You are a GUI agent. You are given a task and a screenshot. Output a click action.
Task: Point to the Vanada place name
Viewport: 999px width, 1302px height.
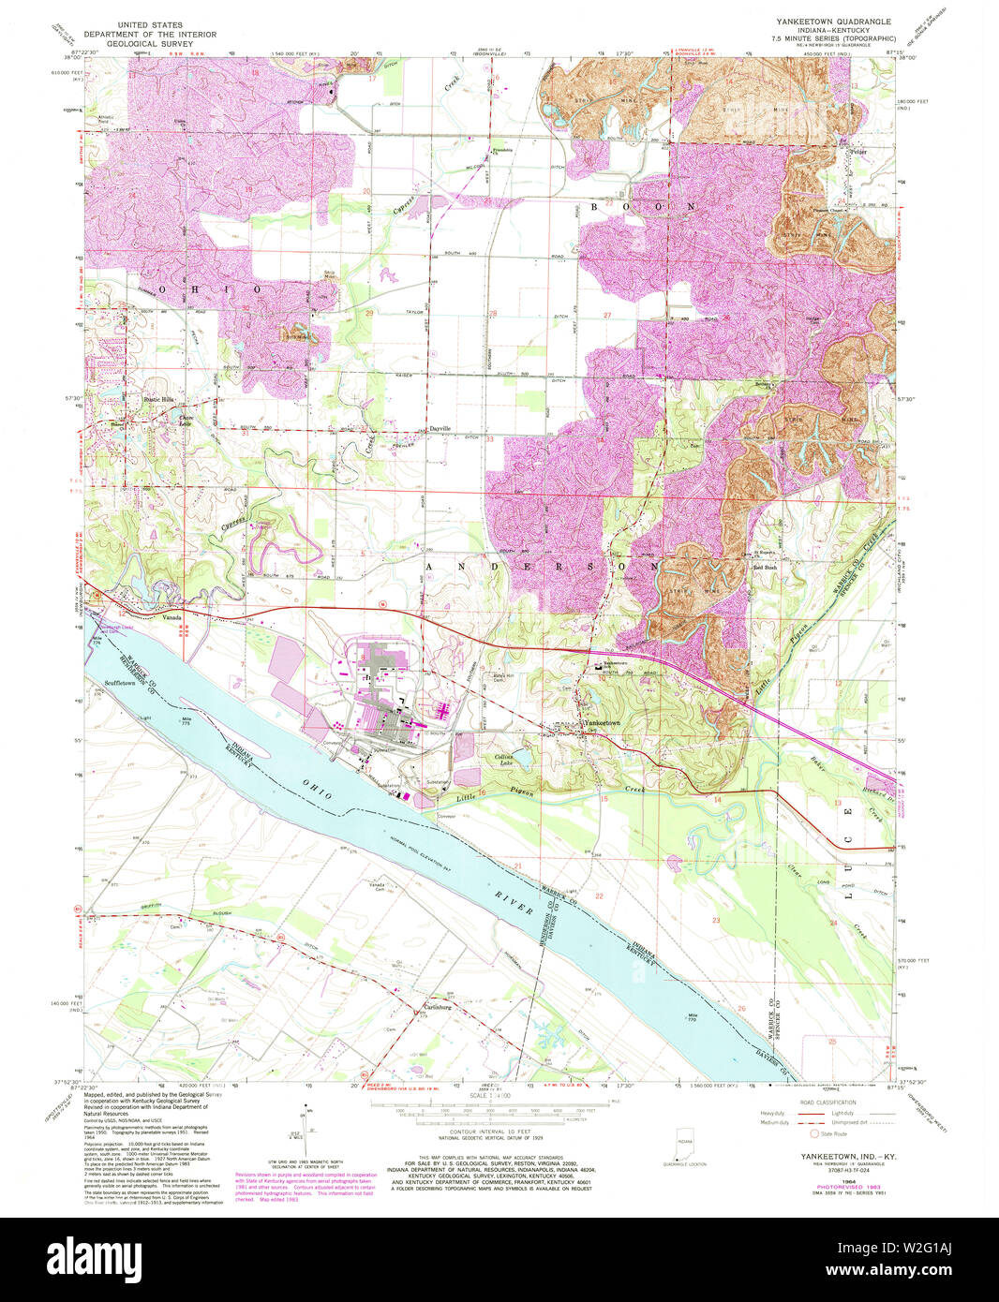[x=171, y=618]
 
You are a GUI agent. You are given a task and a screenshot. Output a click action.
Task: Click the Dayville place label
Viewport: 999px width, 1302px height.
[x=440, y=428]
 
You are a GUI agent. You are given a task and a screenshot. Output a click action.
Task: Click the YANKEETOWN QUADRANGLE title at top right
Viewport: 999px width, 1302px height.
[x=821, y=20]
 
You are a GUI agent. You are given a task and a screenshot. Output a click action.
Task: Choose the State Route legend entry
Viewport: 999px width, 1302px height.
[x=833, y=1133]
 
